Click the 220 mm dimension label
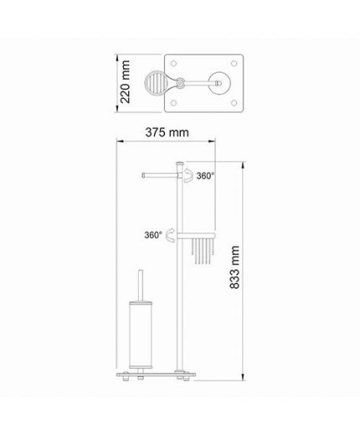pyautogui.click(x=126, y=82)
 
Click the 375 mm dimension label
pyautogui.click(x=167, y=132)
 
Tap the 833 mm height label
pyautogui.click(x=234, y=267)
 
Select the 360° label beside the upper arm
pyautogui.click(x=205, y=176)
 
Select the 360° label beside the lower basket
pyautogui.click(x=153, y=235)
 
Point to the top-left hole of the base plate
pyautogui.click(x=173, y=64)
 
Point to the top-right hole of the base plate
pyautogui.click(x=234, y=64)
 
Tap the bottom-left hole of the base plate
pyautogui.click(x=173, y=103)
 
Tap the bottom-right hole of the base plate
pyautogui.click(x=234, y=103)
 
